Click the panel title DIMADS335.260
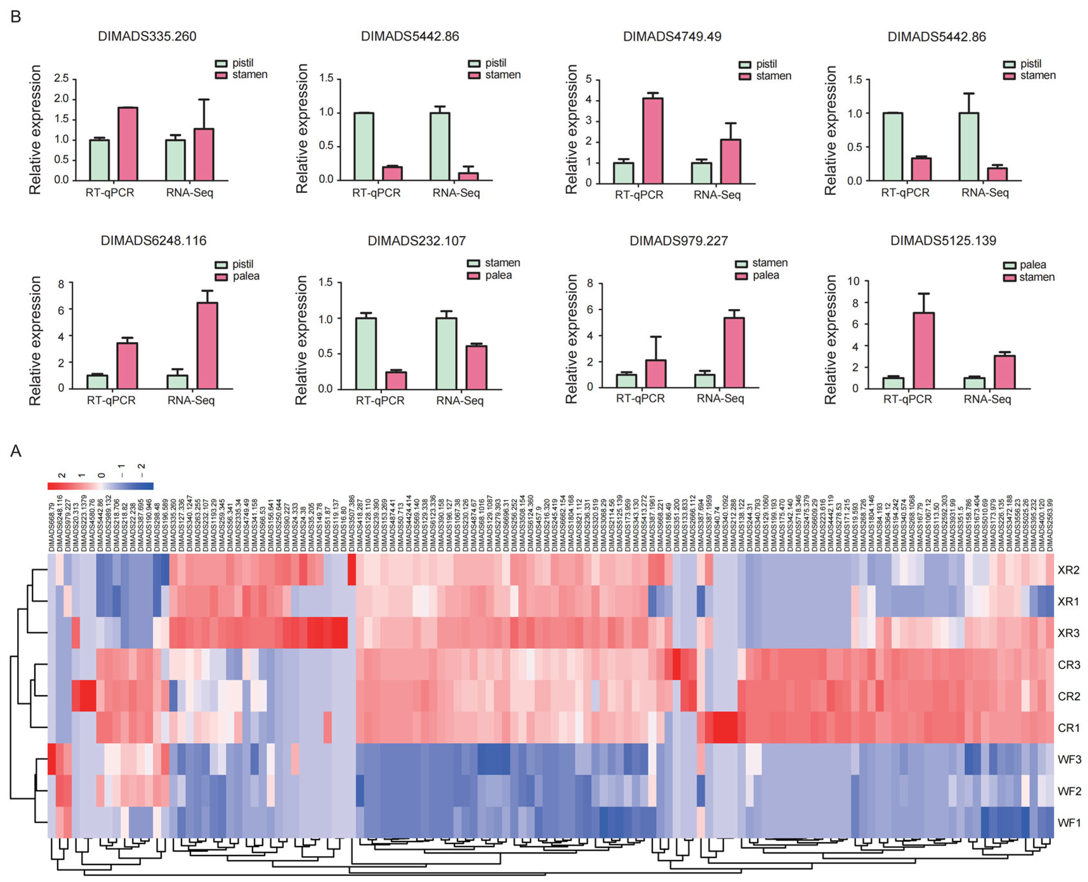pyautogui.click(x=147, y=36)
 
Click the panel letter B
pyautogui.click(x=16, y=17)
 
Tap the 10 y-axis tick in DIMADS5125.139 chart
pyautogui.click(x=853, y=281)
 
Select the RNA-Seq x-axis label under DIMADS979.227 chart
pyautogui.click(x=720, y=399)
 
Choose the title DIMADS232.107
pyautogui.click(x=416, y=241)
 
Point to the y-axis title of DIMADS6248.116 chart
pyautogui.click(x=35, y=341)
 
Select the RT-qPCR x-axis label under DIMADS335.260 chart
pyautogui.click(x=110, y=193)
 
